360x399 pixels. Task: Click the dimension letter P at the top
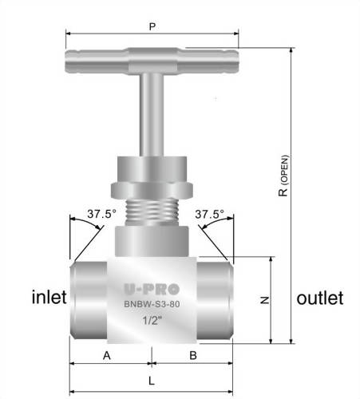tap(152, 26)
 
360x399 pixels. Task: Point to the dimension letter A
tap(106, 355)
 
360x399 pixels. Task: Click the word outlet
tap(319, 298)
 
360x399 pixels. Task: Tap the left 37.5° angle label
tap(101, 214)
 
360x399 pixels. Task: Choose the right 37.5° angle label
tap(209, 214)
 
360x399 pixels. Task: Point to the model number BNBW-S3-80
tap(152, 304)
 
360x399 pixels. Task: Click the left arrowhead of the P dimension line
tap(69, 34)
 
